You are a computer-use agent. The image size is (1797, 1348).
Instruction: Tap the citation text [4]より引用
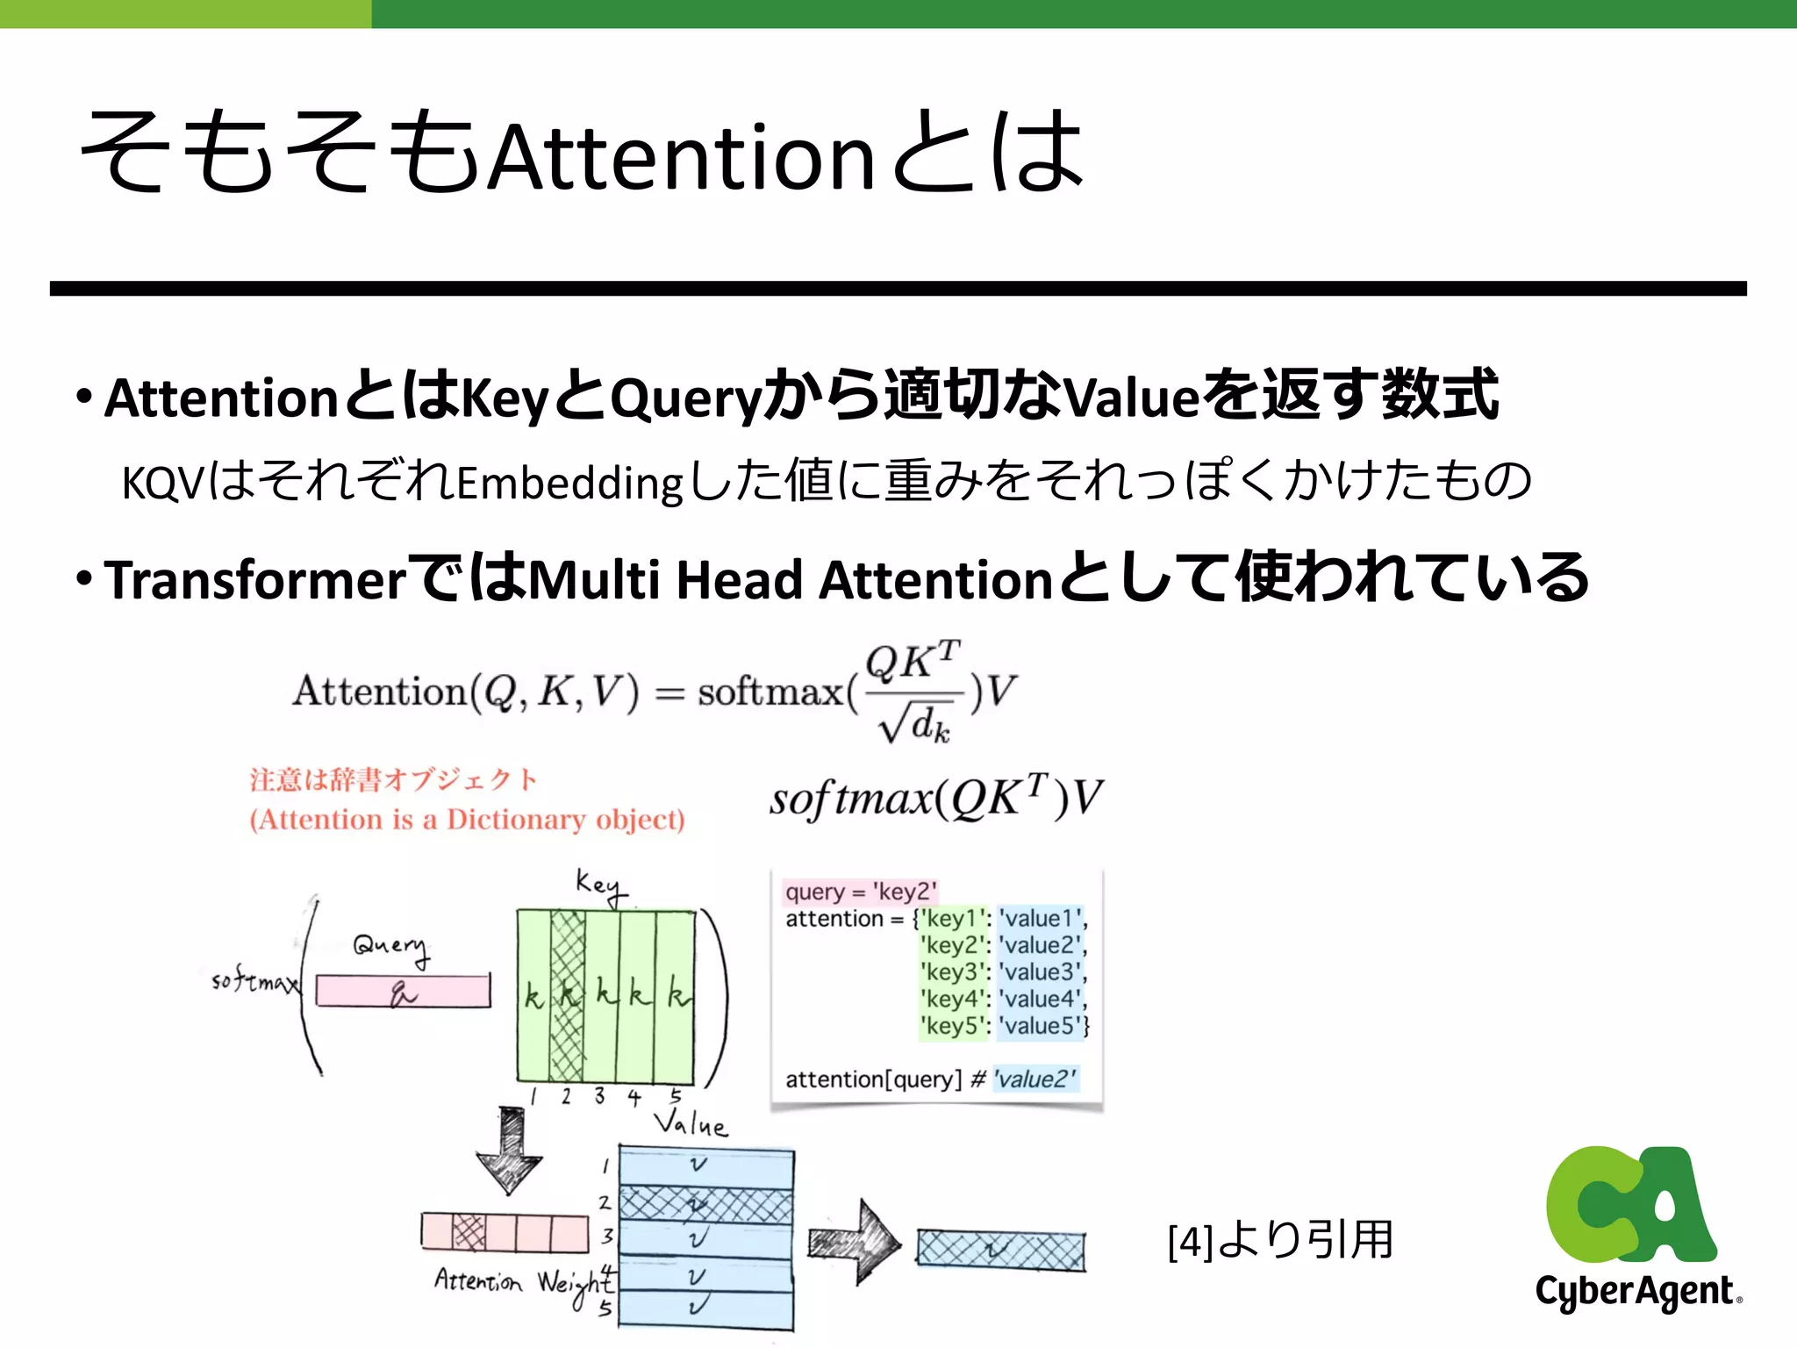[1279, 1240]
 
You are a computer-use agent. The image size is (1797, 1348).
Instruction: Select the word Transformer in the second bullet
[255, 581]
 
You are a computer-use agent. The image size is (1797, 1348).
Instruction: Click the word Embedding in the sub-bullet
[569, 483]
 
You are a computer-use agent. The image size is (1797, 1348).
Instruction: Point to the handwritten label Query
[391, 947]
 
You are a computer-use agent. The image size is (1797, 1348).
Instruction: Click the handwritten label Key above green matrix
[600, 885]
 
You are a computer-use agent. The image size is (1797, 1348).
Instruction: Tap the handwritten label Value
[691, 1123]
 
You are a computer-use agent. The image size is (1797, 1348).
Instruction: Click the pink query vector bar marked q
[403, 992]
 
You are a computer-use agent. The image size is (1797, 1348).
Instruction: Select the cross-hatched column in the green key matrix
[567, 996]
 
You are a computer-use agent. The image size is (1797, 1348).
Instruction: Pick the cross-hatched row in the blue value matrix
[705, 1203]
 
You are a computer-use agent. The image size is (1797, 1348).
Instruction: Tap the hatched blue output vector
[1000, 1250]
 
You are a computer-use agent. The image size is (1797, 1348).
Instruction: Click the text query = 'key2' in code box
[860, 892]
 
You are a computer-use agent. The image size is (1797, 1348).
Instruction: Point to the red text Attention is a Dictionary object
[467, 820]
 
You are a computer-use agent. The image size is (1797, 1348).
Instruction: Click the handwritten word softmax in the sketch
[252, 980]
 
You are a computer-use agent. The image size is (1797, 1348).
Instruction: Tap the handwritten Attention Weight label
[523, 1283]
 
